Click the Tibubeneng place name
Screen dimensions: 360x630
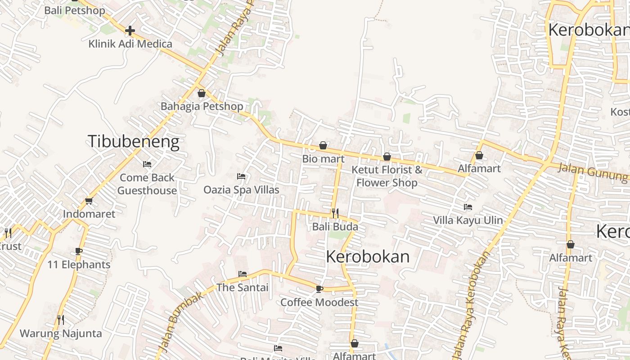[x=133, y=141]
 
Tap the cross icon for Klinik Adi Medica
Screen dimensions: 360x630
[x=130, y=31]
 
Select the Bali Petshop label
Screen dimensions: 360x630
[x=75, y=10]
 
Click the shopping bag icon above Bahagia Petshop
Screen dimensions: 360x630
[x=202, y=93]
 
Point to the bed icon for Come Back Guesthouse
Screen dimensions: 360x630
[x=147, y=164]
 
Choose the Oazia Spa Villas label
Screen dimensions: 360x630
[x=241, y=189]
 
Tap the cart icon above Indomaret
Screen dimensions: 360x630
[x=89, y=201]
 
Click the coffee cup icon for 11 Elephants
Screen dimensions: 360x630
[x=79, y=251]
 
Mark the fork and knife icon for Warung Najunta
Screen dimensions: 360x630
[x=61, y=320]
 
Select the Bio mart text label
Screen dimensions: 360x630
[x=323, y=158]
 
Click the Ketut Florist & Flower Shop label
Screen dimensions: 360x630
[x=387, y=176]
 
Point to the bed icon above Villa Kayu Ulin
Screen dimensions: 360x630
[x=468, y=207]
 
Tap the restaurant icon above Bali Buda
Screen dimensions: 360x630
[x=335, y=213]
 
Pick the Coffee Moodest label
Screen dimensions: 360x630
[x=319, y=302]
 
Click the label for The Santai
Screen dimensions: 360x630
[x=243, y=287]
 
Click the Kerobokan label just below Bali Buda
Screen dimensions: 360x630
[x=368, y=256]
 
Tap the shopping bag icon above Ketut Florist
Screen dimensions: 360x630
[x=387, y=157]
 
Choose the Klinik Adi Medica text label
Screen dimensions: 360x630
[x=130, y=44]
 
